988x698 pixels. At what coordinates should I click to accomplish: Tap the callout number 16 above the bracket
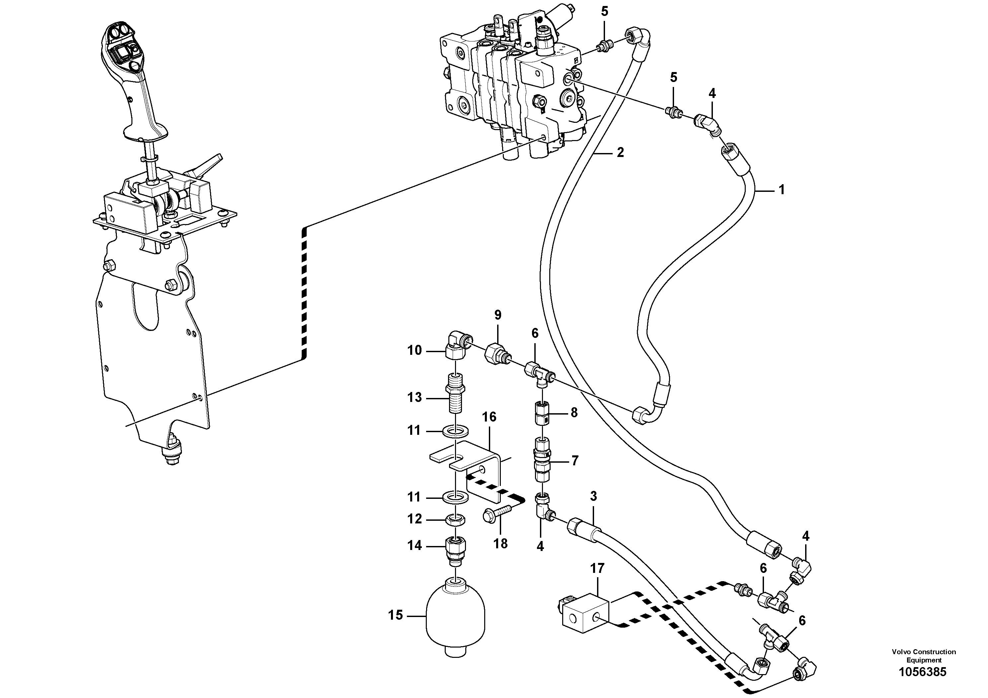[x=489, y=417]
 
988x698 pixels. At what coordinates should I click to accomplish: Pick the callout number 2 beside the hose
[x=620, y=152]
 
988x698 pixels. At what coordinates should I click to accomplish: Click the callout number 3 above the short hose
[x=593, y=496]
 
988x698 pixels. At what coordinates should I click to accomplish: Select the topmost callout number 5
[x=605, y=12]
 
